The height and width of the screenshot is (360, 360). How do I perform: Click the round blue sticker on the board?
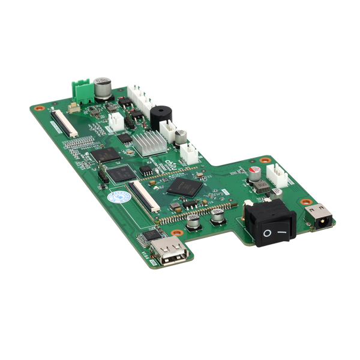pyautogui.click(x=119, y=197)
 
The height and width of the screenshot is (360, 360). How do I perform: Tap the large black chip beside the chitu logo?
pyautogui.click(x=185, y=187)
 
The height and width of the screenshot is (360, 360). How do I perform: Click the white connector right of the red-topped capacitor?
pyautogui.click(x=277, y=175)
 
